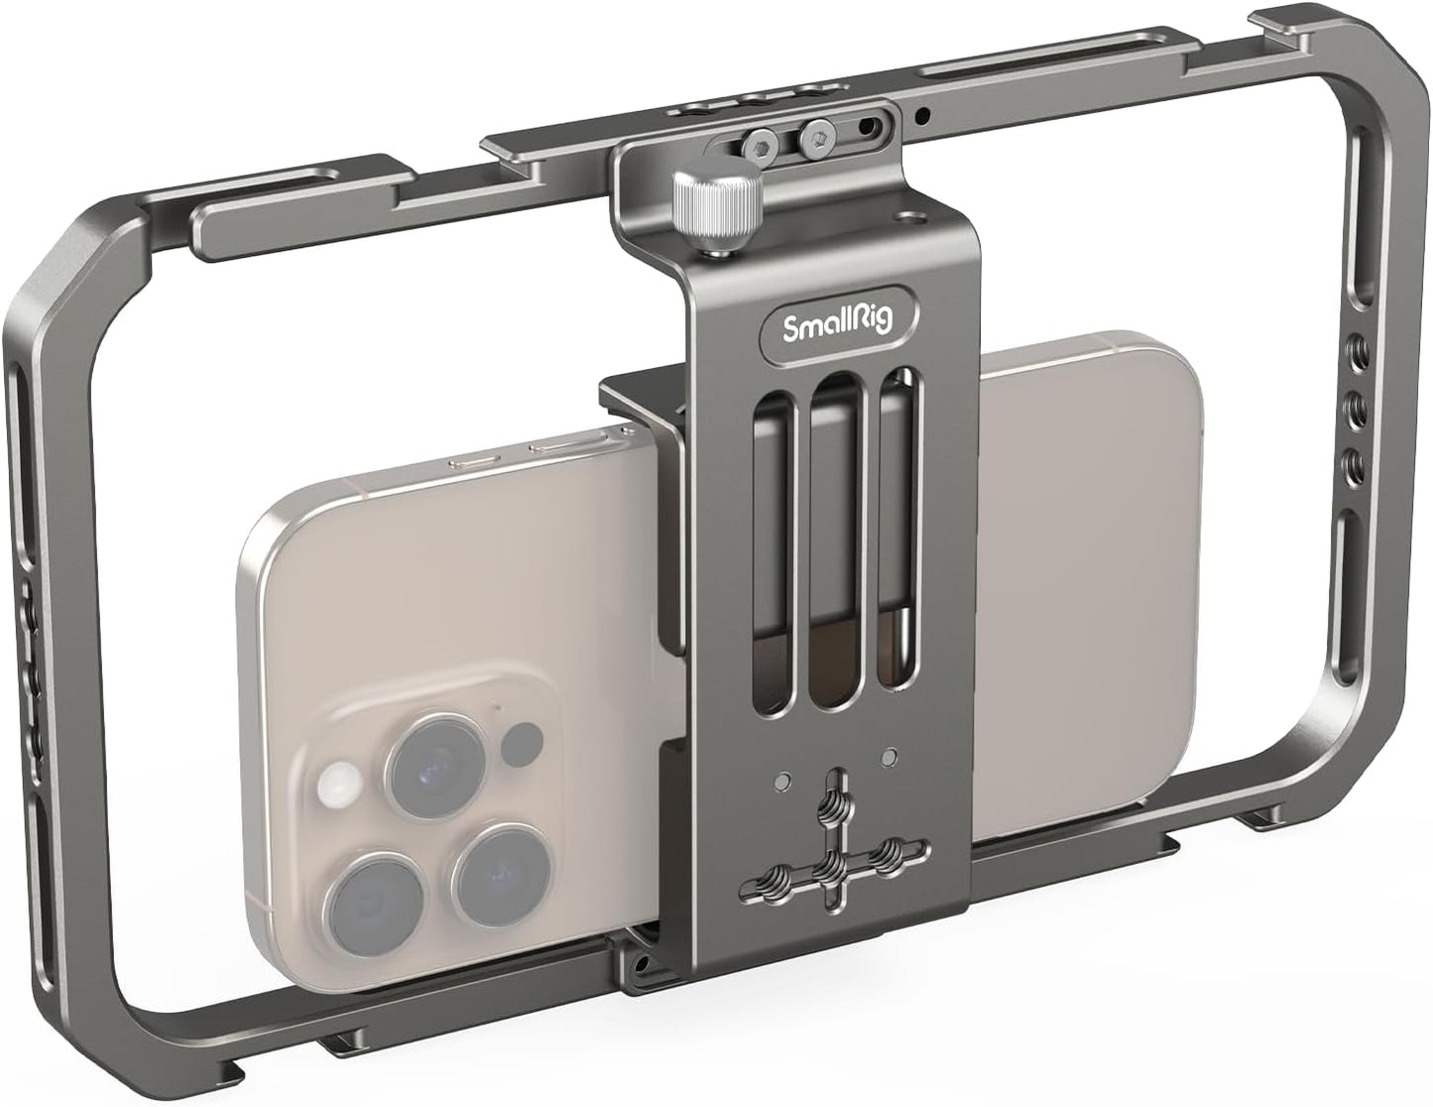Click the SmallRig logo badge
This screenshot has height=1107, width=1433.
pyautogui.click(x=839, y=325)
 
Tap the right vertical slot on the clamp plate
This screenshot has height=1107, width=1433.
pyautogui.click(x=898, y=529)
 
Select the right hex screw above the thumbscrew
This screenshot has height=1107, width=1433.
pyautogui.click(x=818, y=132)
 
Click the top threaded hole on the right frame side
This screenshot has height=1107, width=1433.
pyautogui.click(x=1351, y=350)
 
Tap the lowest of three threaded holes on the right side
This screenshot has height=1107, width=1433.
pyautogui.click(x=1351, y=460)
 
